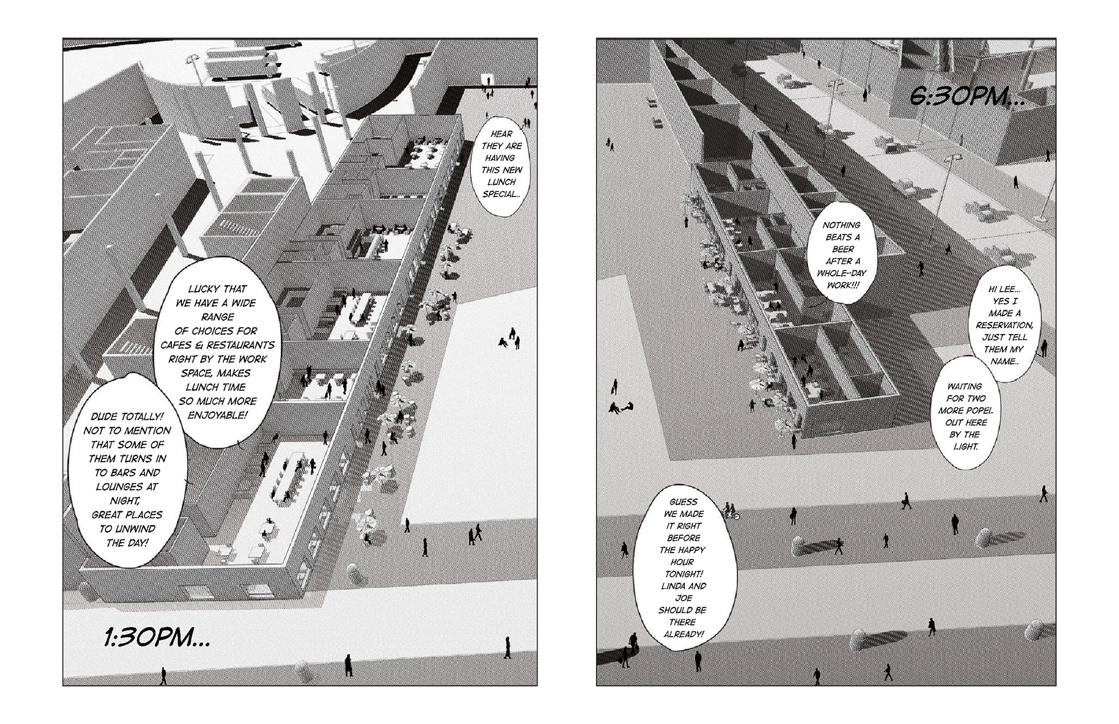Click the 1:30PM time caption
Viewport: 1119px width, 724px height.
[x=157, y=637]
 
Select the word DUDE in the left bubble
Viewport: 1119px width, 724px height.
[x=105, y=417]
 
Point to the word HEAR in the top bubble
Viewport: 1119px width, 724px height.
[x=501, y=133]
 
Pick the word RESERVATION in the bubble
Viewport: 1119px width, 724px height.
[x=1005, y=325]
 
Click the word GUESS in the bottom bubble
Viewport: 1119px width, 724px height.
[x=683, y=501]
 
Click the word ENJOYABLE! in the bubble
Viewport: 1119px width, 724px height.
[x=217, y=415]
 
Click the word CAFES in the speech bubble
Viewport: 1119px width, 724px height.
[x=178, y=345]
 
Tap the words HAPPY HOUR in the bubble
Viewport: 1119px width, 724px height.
[x=683, y=556]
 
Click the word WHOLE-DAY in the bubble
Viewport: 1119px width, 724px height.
[x=842, y=273]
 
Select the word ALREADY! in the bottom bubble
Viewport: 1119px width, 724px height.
[x=683, y=634]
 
